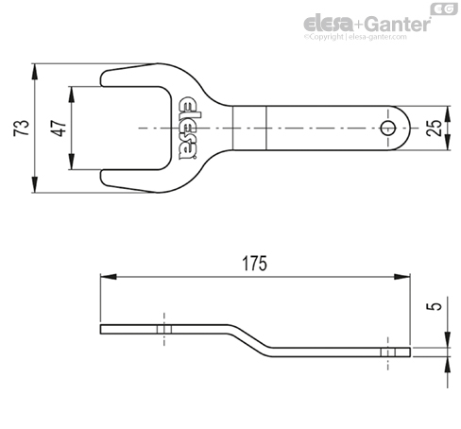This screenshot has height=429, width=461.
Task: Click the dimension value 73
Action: click(x=22, y=128)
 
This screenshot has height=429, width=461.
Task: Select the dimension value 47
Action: click(x=59, y=128)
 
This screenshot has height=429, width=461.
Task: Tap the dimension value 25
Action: click(x=434, y=128)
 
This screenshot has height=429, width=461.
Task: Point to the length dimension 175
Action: click(x=254, y=264)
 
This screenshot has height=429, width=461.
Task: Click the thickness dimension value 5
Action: click(x=435, y=306)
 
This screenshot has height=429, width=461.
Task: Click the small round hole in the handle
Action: click(x=387, y=129)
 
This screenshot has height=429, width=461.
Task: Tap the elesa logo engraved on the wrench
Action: click(x=188, y=129)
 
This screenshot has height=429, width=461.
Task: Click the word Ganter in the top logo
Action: click(x=399, y=24)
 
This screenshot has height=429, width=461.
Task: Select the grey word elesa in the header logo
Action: click(x=328, y=24)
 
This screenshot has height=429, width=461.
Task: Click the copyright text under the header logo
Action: click(x=355, y=37)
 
